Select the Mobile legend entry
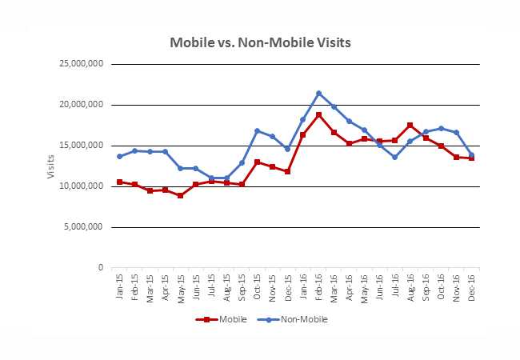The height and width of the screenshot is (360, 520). tap(216, 319)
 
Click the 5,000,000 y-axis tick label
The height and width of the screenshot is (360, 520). tap(82, 227)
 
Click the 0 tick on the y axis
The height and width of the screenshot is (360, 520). tap(101, 268)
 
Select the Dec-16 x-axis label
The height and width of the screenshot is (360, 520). tap(470, 285)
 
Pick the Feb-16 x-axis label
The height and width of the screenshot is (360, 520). tap(318, 285)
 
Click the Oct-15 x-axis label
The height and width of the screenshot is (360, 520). tap(257, 285)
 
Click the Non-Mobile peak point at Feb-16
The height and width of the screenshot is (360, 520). tap(318, 94)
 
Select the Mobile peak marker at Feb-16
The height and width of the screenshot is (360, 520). tap(318, 114)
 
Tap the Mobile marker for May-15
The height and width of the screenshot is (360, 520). tap(181, 195)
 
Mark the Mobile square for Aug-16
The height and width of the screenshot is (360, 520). tap(410, 125)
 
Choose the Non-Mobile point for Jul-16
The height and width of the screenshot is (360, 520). tap(394, 157)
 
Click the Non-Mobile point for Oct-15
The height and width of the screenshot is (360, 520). tap(257, 130)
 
